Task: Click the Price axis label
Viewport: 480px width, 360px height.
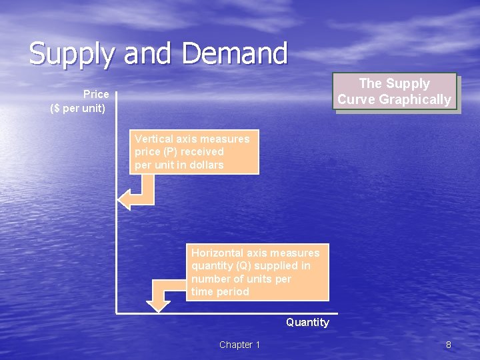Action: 96,95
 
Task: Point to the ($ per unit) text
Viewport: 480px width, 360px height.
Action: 77,108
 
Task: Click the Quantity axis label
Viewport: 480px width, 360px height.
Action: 307,323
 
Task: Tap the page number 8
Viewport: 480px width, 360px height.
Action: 449,345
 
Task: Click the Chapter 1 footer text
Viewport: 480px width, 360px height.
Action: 239,345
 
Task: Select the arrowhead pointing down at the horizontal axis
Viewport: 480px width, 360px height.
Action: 158,305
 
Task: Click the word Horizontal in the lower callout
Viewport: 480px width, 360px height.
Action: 217,253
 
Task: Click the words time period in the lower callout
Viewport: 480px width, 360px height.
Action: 220,291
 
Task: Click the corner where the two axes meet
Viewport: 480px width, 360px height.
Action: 117,312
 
